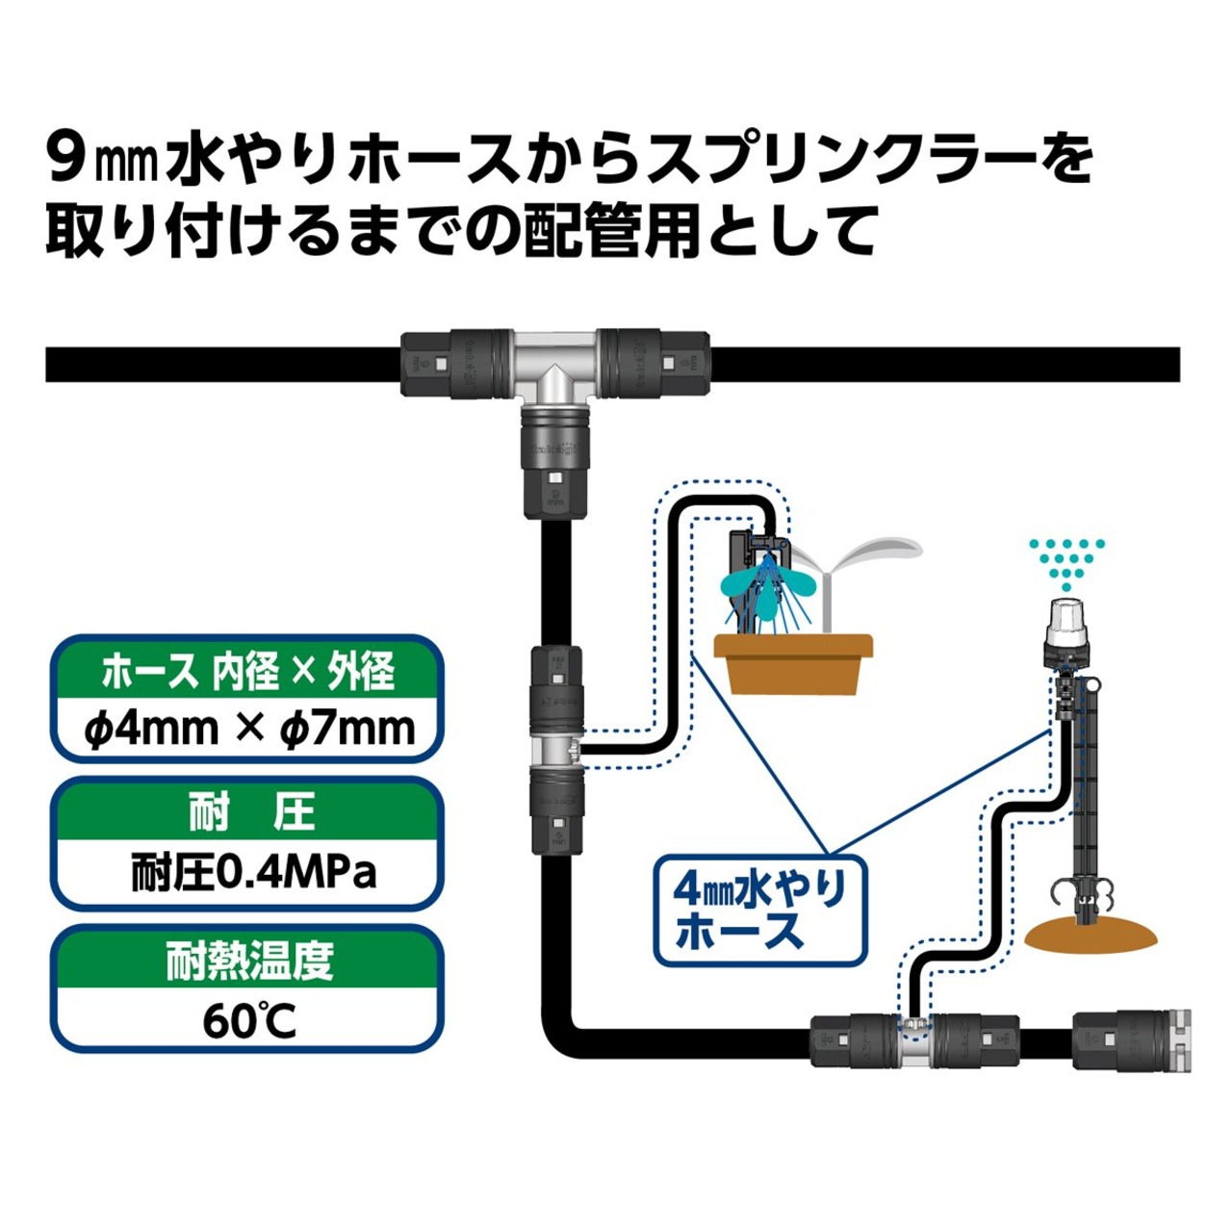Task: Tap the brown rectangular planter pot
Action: pos(793,663)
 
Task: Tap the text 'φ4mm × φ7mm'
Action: pos(248,729)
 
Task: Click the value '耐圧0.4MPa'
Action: pos(252,873)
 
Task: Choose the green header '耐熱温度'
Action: pos(248,961)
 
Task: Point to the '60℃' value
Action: pos(248,1021)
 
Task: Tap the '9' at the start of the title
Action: pos(66,158)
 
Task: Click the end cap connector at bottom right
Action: pos(1132,1039)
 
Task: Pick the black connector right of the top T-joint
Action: pos(654,365)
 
